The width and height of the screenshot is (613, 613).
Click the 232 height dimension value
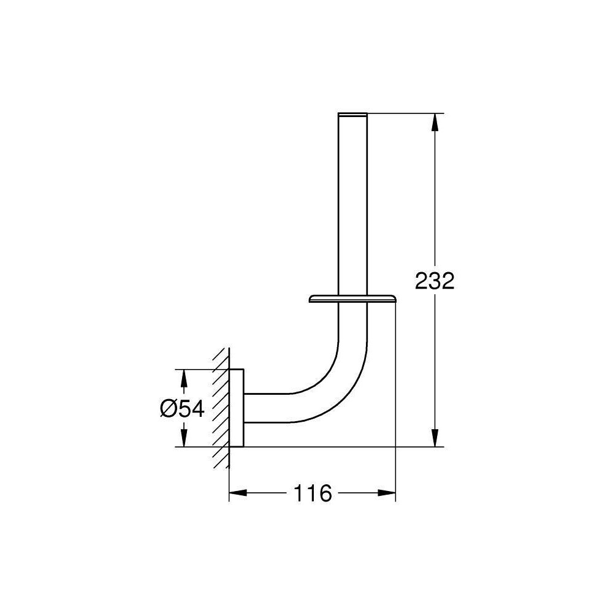[435, 281]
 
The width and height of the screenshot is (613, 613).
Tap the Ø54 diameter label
[182, 408]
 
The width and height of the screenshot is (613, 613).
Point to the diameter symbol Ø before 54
[170, 408]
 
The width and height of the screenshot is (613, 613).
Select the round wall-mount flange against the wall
[237, 408]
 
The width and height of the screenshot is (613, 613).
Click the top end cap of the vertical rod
[352, 115]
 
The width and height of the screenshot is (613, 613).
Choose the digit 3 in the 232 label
[435, 281]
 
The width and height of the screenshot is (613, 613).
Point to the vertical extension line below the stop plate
[395, 380]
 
